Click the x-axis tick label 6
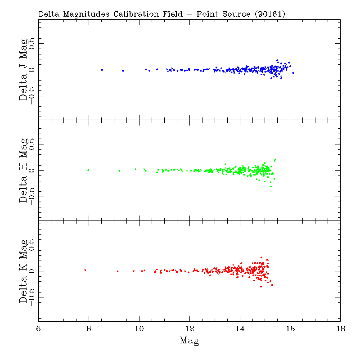[x=39, y=328]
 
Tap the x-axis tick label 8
[x=89, y=328]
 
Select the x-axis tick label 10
[x=139, y=328]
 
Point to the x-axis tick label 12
[x=189, y=328]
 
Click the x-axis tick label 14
[x=240, y=328]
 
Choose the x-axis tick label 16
[x=290, y=328]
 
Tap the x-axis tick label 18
[x=341, y=328]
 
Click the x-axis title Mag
[x=189, y=341]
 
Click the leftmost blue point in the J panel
[x=102, y=70]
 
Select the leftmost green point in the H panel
[x=88, y=170]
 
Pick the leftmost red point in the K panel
[x=85, y=270]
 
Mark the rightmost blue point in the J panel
[x=293, y=73]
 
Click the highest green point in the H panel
[x=274, y=160]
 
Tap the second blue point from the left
[x=123, y=71]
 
